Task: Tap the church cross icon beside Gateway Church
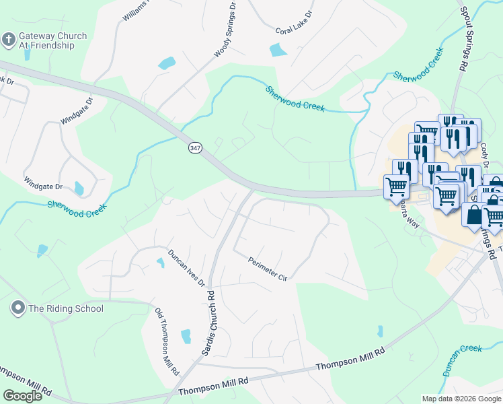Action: point(9,39)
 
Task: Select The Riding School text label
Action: point(65,308)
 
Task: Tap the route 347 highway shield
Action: point(195,148)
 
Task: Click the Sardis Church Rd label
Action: point(208,324)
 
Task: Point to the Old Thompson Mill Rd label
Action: point(167,341)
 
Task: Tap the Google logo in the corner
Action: point(22,396)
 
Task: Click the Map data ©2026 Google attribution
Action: point(461,399)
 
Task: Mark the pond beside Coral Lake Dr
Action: point(277,50)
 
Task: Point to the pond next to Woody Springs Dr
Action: point(166,64)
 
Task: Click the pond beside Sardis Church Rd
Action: point(186,335)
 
